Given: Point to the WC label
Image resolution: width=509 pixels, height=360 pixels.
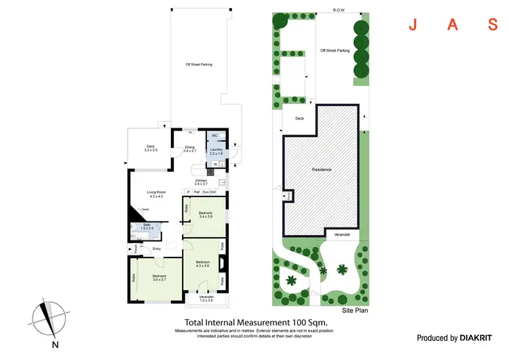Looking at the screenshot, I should (214, 136).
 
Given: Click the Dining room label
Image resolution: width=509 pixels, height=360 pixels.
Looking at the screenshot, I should (189, 148).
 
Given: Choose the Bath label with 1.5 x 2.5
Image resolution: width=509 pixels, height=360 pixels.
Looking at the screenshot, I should (146, 226).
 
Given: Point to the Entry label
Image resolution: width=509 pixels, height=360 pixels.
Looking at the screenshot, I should (157, 249).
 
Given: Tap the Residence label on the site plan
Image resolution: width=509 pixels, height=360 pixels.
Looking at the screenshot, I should (320, 169).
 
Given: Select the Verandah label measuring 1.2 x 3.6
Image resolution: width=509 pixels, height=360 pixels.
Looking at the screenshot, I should (206, 298).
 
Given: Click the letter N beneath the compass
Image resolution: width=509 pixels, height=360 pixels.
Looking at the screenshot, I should (55, 344).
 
